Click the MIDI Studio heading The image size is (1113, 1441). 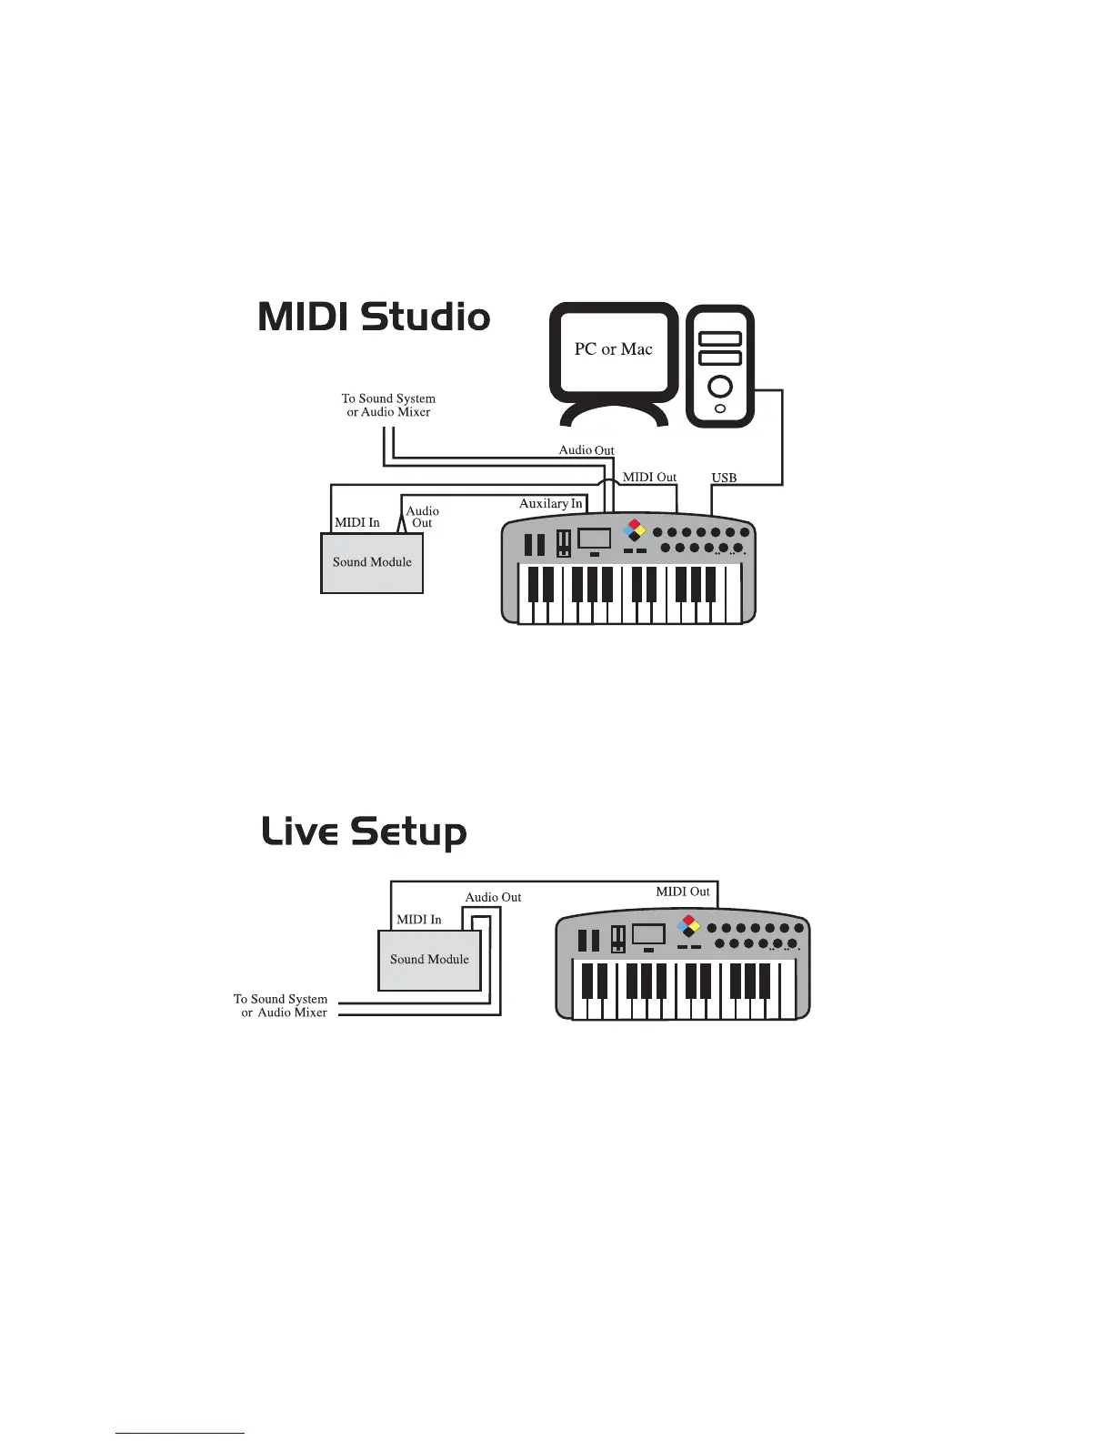coord(375,317)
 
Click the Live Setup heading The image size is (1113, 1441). coord(364,832)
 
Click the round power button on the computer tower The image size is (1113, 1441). coord(720,387)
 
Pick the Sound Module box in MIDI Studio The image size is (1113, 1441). coord(372,563)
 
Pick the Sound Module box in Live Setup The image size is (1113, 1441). coord(429,960)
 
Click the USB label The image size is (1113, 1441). coord(724,478)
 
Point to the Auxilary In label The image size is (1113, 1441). coord(550,504)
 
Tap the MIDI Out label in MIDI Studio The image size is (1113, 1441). coord(649,477)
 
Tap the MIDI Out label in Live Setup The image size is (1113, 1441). coord(683,892)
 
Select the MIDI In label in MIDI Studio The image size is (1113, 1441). coord(357,523)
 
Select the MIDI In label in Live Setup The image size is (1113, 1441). coord(418,920)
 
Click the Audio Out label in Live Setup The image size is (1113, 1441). coord(493,897)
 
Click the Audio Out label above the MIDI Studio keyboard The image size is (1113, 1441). coord(586,450)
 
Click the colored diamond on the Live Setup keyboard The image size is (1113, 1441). coord(690,924)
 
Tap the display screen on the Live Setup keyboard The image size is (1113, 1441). coord(648,933)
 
